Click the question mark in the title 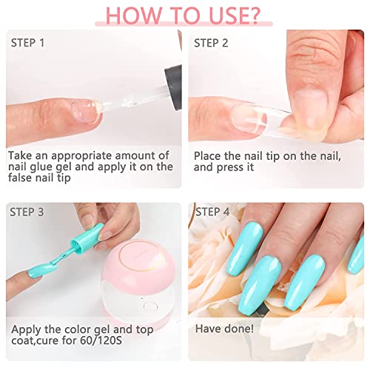[x=253, y=16]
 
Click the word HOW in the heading [x=133, y=16]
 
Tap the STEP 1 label [x=27, y=43]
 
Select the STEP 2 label [x=211, y=43]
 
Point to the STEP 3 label [x=27, y=212]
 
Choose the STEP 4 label [x=212, y=212]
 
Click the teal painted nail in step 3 [x=36, y=272]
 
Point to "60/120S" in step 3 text [x=101, y=340]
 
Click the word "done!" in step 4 [x=238, y=329]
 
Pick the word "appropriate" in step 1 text [x=81, y=156]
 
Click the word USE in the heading [x=226, y=16]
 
